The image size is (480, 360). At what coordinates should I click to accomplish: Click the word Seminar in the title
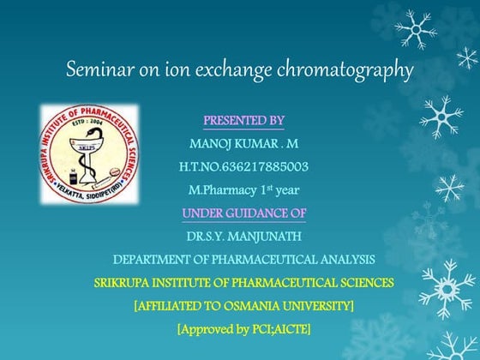point(98,70)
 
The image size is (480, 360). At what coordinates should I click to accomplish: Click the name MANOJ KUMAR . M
point(244,142)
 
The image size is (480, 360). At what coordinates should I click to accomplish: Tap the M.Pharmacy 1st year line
point(243,189)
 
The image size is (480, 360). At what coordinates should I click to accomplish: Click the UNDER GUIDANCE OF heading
point(243,212)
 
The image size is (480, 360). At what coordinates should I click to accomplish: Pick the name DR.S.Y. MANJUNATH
point(243,235)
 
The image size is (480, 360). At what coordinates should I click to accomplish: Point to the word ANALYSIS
point(342,259)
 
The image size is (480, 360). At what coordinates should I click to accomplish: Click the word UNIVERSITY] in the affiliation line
point(318,305)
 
